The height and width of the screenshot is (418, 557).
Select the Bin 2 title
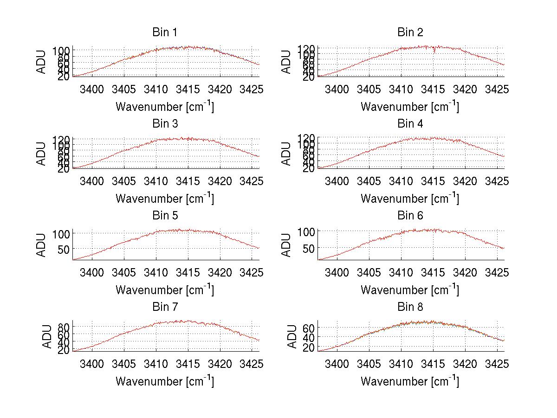pyautogui.click(x=410, y=32)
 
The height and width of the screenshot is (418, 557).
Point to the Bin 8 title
pyautogui.click(x=410, y=307)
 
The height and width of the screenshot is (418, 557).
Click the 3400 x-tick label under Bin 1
pyautogui.click(x=92, y=89)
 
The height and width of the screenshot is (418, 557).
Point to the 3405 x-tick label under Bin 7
pyautogui.click(x=124, y=363)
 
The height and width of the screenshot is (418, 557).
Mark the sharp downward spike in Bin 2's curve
pyautogui.click(x=434, y=52)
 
